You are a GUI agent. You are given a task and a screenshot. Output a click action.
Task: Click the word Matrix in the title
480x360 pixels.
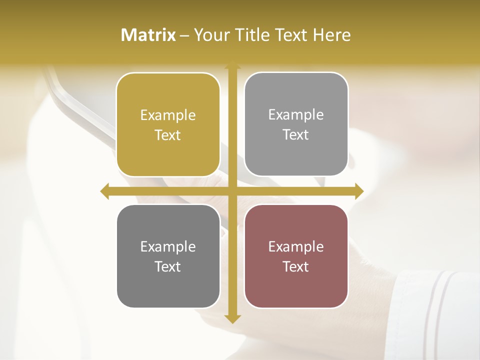tap(148, 35)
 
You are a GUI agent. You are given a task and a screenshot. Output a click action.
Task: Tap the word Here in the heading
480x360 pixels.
tap(331, 35)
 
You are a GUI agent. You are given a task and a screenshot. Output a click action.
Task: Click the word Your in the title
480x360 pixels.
tap(213, 35)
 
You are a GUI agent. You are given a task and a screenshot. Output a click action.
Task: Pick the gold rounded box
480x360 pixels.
tap(168, 125)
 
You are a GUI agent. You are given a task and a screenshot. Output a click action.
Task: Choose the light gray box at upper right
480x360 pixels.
tap(296, 124)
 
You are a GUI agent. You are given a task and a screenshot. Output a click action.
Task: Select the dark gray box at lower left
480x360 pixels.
tap(168, 256)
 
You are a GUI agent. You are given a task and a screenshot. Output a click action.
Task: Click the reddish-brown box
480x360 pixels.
tap(296, 256)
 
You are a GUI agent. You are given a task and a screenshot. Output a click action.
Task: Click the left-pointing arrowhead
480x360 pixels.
tap(104, 191)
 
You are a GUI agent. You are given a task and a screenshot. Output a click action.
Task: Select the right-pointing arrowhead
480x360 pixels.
tap(359, 191)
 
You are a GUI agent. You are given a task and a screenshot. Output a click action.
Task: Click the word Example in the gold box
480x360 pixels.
tap(168, 115)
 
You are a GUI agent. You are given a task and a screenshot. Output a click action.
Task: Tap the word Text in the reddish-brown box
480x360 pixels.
tap(296, 266)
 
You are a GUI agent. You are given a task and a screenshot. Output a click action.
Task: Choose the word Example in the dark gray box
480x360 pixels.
tap(168, 247)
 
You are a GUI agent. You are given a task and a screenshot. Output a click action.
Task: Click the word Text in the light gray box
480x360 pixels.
tap(296, 135)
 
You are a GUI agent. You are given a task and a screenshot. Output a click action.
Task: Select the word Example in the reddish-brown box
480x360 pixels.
tap(296, 247)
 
